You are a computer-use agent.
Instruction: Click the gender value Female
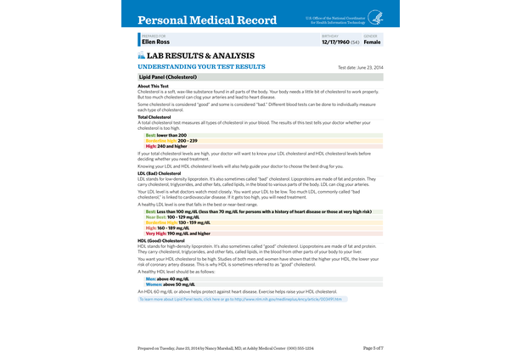(x=372, y=41)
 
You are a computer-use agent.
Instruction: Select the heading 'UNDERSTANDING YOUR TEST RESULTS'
(x=201, y=66)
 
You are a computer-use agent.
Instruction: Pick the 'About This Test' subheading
(x=154, y=86)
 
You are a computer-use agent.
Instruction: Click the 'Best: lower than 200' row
(x=166, y=134)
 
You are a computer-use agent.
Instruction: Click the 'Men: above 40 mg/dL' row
(x=167, y=278)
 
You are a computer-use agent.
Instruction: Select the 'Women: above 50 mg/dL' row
(x=171, y=284)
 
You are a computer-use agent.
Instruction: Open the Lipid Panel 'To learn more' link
(x=240, y=299)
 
